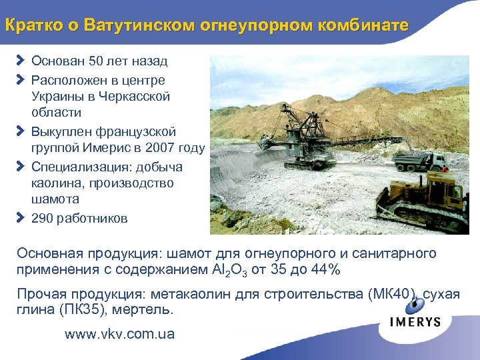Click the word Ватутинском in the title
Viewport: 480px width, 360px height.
point(134,25)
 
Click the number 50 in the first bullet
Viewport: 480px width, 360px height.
point(96,61)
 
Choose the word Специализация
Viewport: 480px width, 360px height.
point(73,166)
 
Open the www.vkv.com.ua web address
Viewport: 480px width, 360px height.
point(119,334)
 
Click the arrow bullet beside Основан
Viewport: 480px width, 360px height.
point(20,61)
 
